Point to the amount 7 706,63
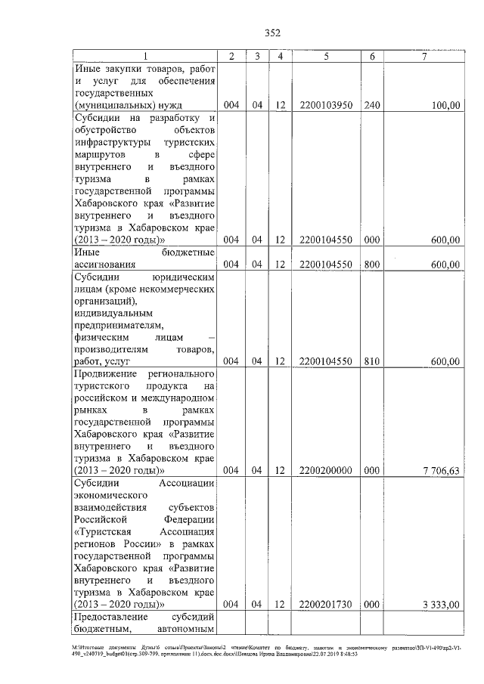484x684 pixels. (x=442, y=469)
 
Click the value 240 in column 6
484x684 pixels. (x=372, y=106)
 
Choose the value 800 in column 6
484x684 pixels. (x=372, y=265)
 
